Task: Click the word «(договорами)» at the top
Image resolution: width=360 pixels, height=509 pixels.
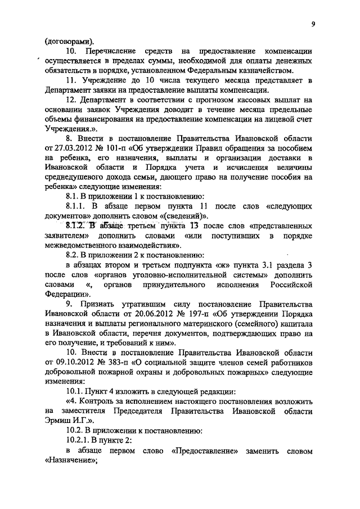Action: (69, 40)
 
